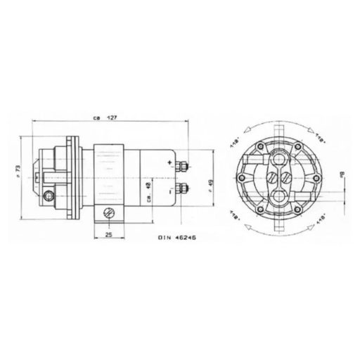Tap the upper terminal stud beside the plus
click(x=182, y=167)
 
